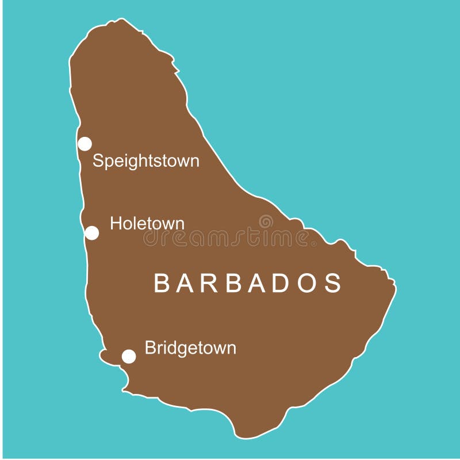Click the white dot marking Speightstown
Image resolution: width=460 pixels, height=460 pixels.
pyautogui.click(x=85, y=144)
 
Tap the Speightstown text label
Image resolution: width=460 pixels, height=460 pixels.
pyautogui.click(x=146, y=161)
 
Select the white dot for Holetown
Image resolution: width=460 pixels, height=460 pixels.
pyautogui.click(x=91, y=233)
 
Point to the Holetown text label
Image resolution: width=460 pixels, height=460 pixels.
pyautogui.click(x=147, y=223)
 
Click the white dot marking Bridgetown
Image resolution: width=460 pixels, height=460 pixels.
pyautogui.click(x=129, y=356)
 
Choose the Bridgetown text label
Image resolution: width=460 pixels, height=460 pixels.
pyautogui.click(x=190, y=348)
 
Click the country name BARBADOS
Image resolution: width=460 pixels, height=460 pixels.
pyautogui.click(x=248, y=283)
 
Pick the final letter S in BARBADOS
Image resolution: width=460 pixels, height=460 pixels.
pyautogui.click(x=333, y=283)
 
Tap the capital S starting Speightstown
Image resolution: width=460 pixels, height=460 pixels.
pyautogui.click(x=98, y=161)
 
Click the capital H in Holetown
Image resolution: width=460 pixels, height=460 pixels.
pyautogui.click(x=115, y=223)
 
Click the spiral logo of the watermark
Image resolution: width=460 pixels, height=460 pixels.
pyautogui.click(x=266, y=221)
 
